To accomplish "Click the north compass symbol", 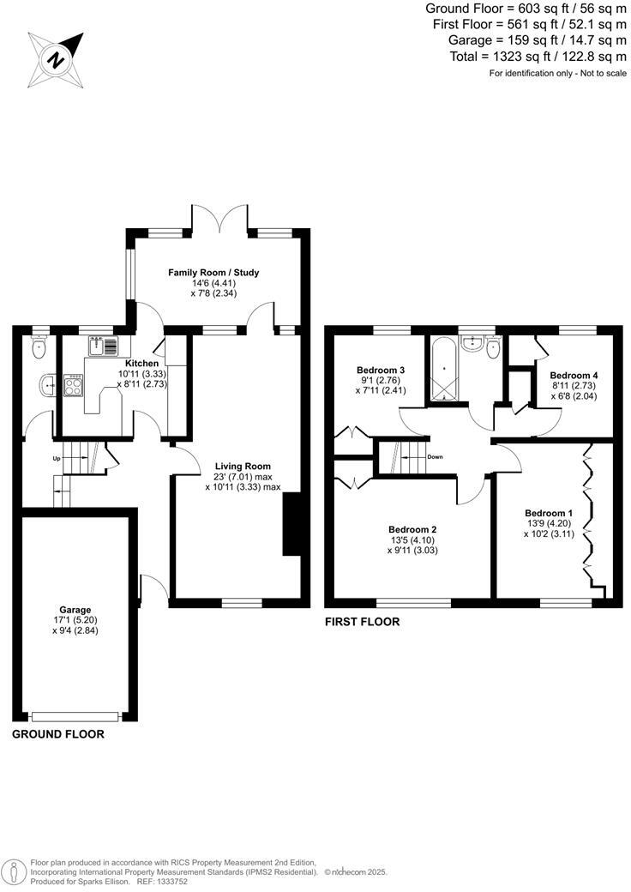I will click(57, 60).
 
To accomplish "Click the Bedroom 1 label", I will click(549, 513).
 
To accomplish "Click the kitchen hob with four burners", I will click(73, 385).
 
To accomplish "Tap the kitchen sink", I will click(104, 347).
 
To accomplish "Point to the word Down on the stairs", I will click(435, 457).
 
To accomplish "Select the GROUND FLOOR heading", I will click(58, 735).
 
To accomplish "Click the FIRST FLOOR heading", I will click(362, 622).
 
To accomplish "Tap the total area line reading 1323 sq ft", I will click(539, 57).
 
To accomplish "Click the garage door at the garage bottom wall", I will click(75, 715).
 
